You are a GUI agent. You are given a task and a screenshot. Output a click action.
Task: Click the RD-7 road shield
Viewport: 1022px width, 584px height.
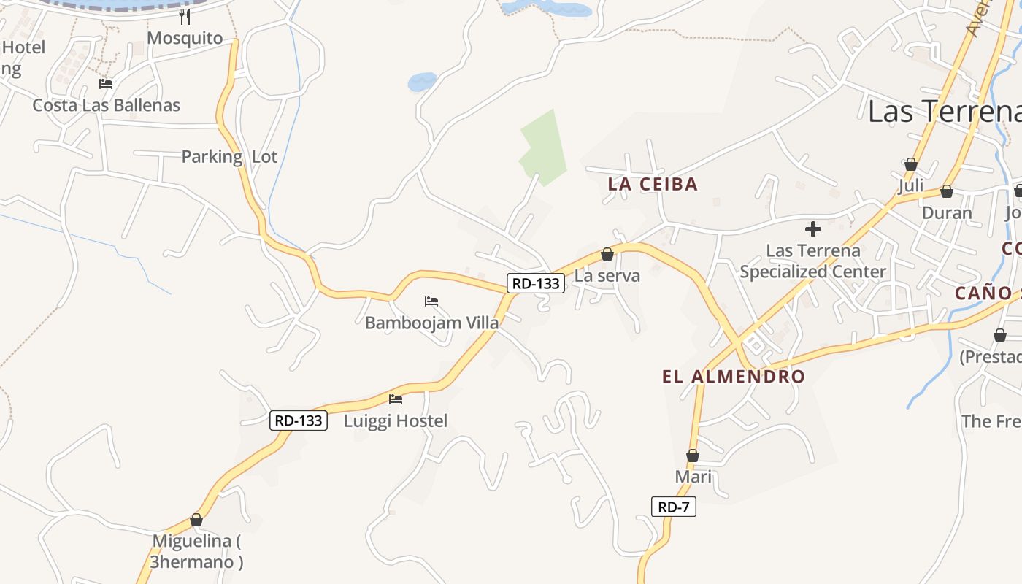[673, 507]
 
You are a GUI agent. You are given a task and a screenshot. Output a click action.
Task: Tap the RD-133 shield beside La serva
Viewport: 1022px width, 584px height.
[536, 283]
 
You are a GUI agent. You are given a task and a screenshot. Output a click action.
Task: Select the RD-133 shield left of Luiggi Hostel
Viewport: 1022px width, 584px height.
[298, 420]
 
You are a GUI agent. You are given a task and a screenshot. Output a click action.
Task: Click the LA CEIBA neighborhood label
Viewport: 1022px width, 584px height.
[653, 185]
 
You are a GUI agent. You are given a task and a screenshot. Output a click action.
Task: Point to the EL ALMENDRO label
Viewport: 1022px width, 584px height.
[733, 377]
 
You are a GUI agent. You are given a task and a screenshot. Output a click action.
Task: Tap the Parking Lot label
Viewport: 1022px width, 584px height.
[229, 156]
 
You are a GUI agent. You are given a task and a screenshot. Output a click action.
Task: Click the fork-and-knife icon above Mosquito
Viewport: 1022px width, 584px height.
[185, 17]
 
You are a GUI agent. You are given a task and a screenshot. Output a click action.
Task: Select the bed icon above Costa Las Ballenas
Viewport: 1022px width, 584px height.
[106, 84]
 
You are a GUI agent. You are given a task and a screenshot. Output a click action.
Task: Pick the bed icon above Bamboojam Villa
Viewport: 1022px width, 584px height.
[431, 301]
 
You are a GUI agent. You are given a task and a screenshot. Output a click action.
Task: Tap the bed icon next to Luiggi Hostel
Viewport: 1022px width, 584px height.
[396, 399]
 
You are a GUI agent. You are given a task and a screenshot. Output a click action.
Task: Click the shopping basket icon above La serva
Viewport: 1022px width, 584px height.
[607, 254]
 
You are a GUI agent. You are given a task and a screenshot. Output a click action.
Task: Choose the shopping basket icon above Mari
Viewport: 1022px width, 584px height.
[693, 456]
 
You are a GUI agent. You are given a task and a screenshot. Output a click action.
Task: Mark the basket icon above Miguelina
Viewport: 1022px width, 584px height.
[196, 520]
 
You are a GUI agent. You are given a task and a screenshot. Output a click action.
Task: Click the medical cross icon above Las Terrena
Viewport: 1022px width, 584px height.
[812, 229]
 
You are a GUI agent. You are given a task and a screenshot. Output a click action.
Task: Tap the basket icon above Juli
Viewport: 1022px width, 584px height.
[910, 164]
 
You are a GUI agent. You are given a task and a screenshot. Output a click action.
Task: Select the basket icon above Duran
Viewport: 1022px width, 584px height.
[946, 191]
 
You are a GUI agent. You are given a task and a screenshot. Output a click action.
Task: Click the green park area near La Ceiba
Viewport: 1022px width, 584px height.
[544, 146]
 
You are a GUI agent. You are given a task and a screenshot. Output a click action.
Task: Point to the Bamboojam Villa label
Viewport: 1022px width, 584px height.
[432, 323]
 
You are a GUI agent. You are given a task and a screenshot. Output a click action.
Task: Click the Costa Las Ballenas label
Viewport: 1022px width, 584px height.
[106, 105]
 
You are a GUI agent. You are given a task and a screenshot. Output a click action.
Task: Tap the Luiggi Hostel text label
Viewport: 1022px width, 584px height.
[396, 420]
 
